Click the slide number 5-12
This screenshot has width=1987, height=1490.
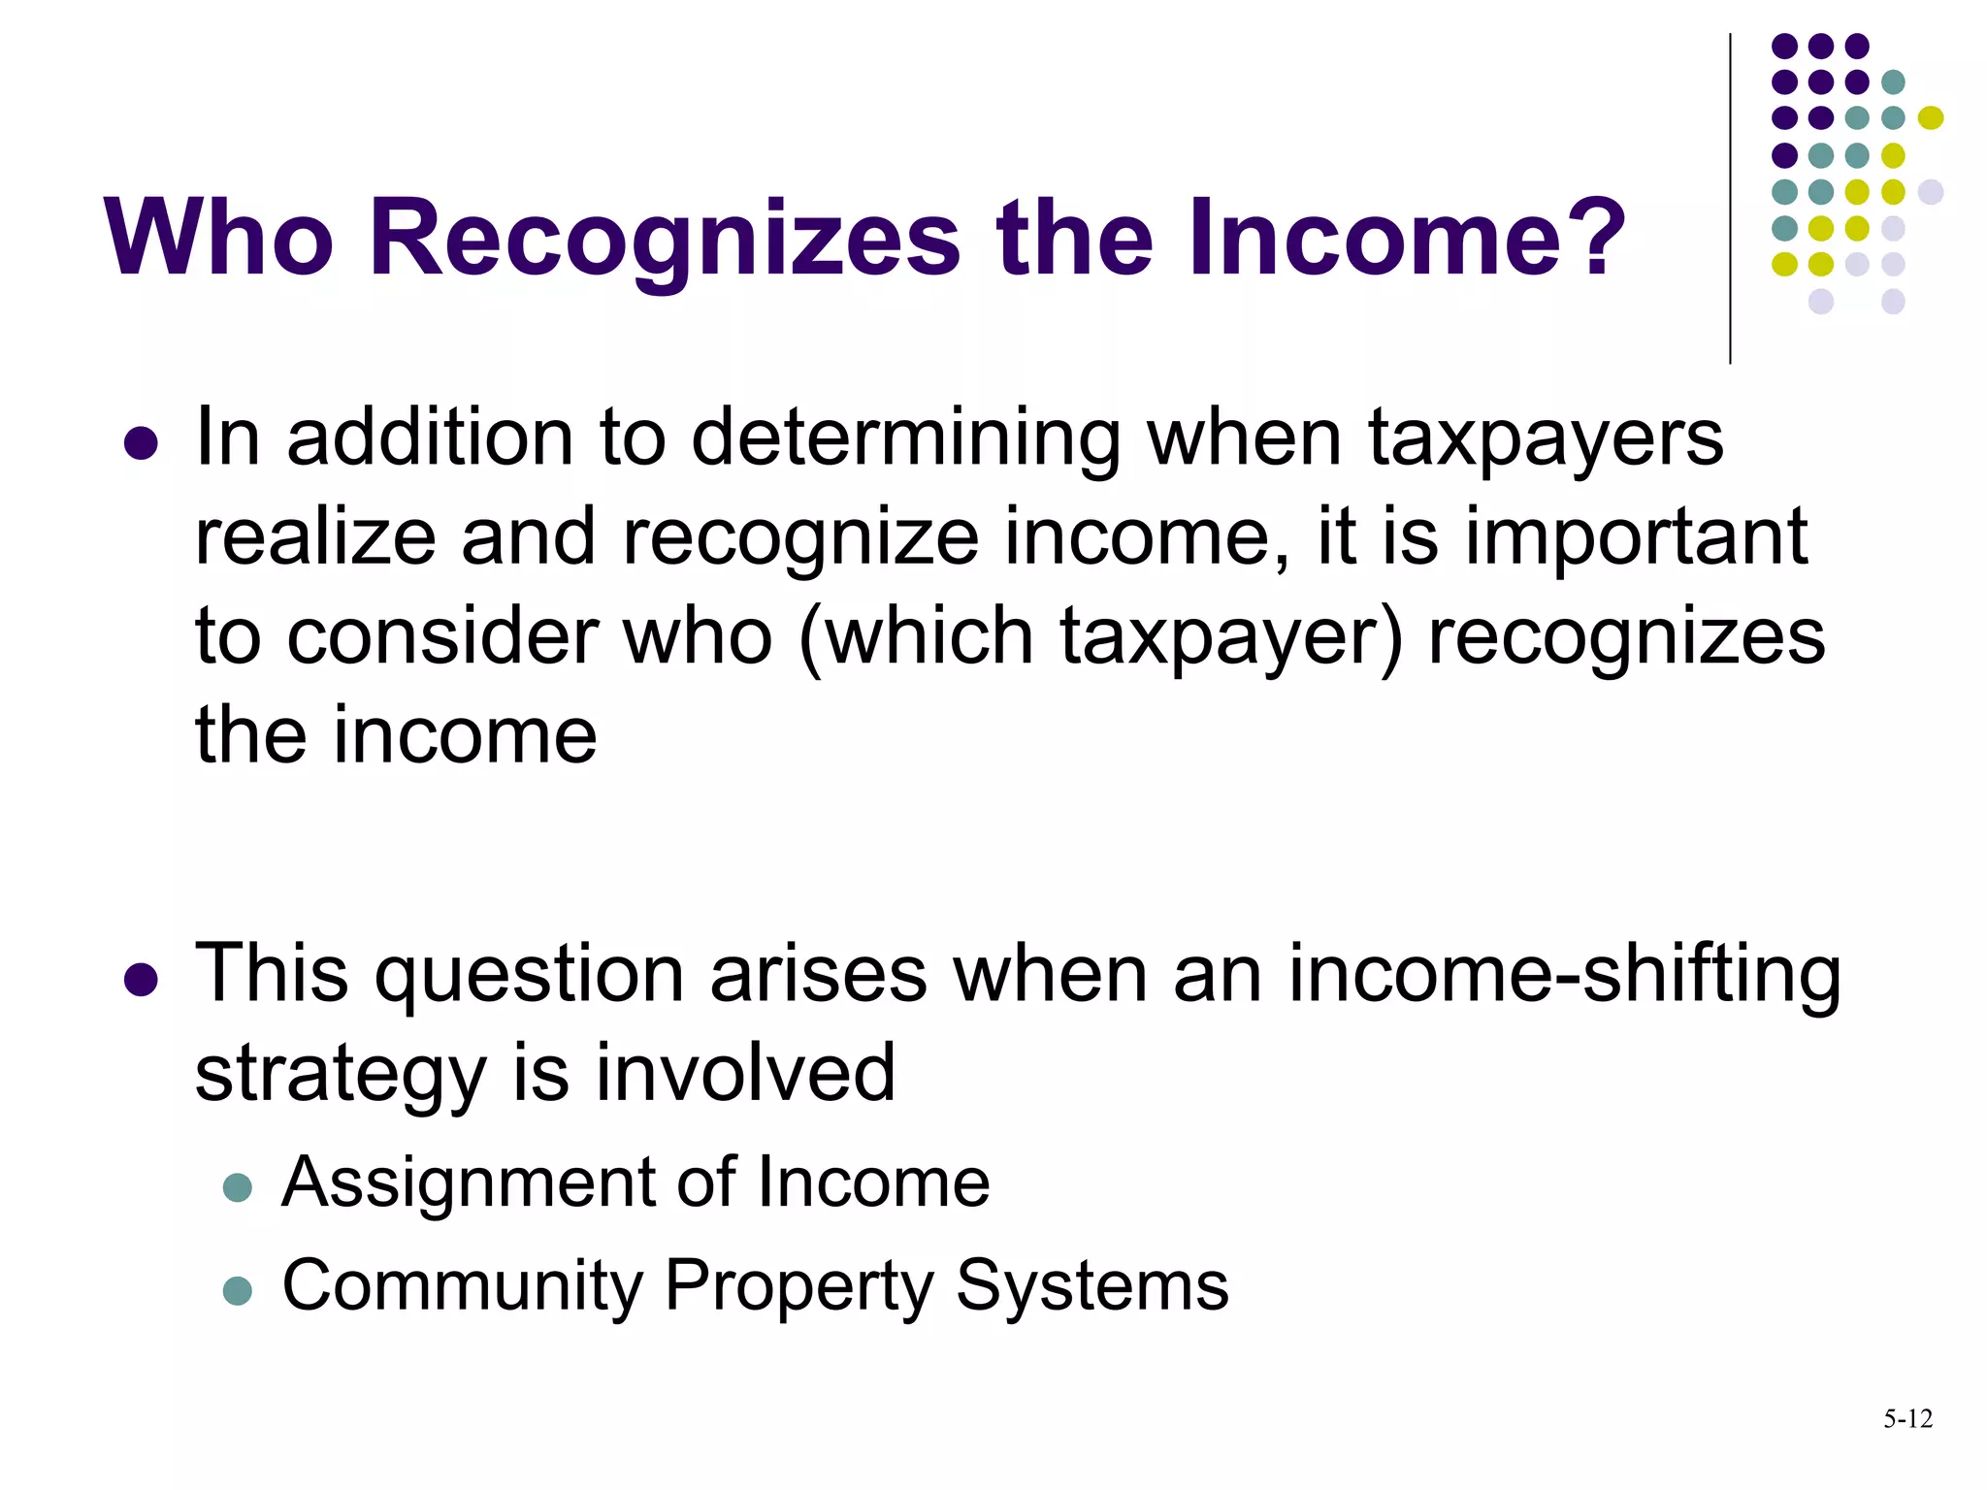click(x=1907, y=1419)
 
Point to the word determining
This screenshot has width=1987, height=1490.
click(x=906, y=438)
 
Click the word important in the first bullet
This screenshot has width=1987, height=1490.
click(x=1636, y=537)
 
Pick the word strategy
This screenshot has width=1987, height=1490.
click(x=340, y=1075)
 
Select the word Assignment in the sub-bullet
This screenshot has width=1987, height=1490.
click(x=468, y=1183)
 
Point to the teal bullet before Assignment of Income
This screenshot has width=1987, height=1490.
click(x=237, y=1187)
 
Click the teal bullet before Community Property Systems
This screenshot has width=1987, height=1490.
click(x=237, y=1290)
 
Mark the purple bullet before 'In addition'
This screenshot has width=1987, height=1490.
click(x=141, y=443)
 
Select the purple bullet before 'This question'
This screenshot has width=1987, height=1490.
click(x=141, y=980)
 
